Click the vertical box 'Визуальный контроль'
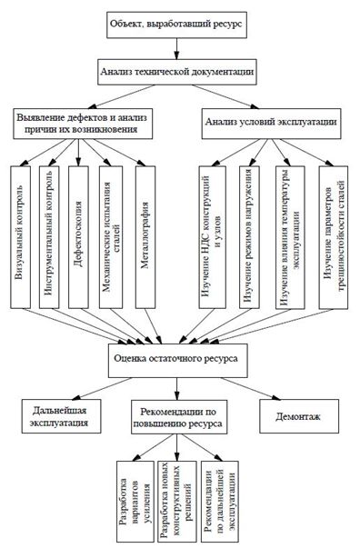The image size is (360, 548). [x=21, y=236]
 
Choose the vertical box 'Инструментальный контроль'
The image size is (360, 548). [x=50, y=236]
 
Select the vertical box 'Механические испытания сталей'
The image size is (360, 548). [x=110, y=236]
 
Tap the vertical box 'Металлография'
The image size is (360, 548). [x=145, y=236]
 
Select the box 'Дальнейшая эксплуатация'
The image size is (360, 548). [x=55, y=418]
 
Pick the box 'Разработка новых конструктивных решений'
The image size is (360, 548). [x=171, y=503]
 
